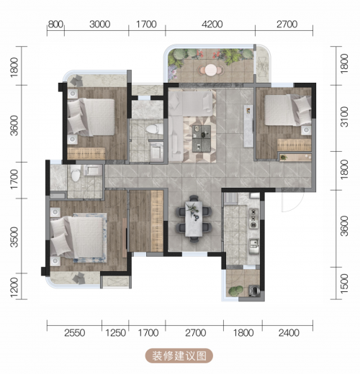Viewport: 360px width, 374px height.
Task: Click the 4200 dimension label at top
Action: (x=212, y=24)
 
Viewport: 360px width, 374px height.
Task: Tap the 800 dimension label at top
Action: (x=55, y=24)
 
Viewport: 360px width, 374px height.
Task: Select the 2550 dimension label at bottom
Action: (x=75, y=333)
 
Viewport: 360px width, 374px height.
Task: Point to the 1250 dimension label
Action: (x=115, y=333)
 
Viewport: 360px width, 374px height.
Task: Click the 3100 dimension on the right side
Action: (x=344, y=117)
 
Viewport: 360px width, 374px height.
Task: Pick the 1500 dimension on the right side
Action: (x=344, y=283)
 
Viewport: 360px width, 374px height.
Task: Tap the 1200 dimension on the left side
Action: (x=14, y=288)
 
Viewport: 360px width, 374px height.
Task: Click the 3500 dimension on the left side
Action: (x=14, y=237)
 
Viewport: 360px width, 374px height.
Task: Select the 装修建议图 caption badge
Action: (x=179, y=356)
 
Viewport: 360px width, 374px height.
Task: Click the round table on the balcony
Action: (x=210, y=70)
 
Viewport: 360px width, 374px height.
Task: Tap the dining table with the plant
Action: (x=194, y=219)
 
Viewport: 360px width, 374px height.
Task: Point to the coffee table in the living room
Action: (x=202, y=139)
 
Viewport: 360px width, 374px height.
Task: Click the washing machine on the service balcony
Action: (x=254, y=291)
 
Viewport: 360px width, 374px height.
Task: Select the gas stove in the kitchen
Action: (x=253, y=219)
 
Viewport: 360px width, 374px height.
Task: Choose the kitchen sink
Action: (x=253, y=246)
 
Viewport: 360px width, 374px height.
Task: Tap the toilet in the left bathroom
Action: (x=76, y=173)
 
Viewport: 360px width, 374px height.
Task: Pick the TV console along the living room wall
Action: (x=248, y=126)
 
